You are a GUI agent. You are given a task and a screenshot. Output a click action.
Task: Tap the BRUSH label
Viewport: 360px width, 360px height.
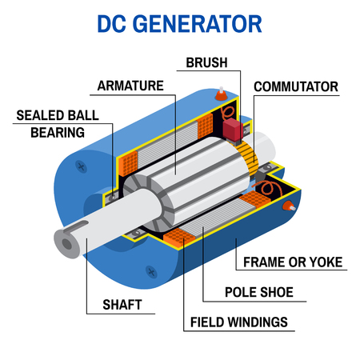pos(206,62)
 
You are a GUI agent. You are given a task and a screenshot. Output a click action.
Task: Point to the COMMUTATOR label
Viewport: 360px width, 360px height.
pos(295,86)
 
